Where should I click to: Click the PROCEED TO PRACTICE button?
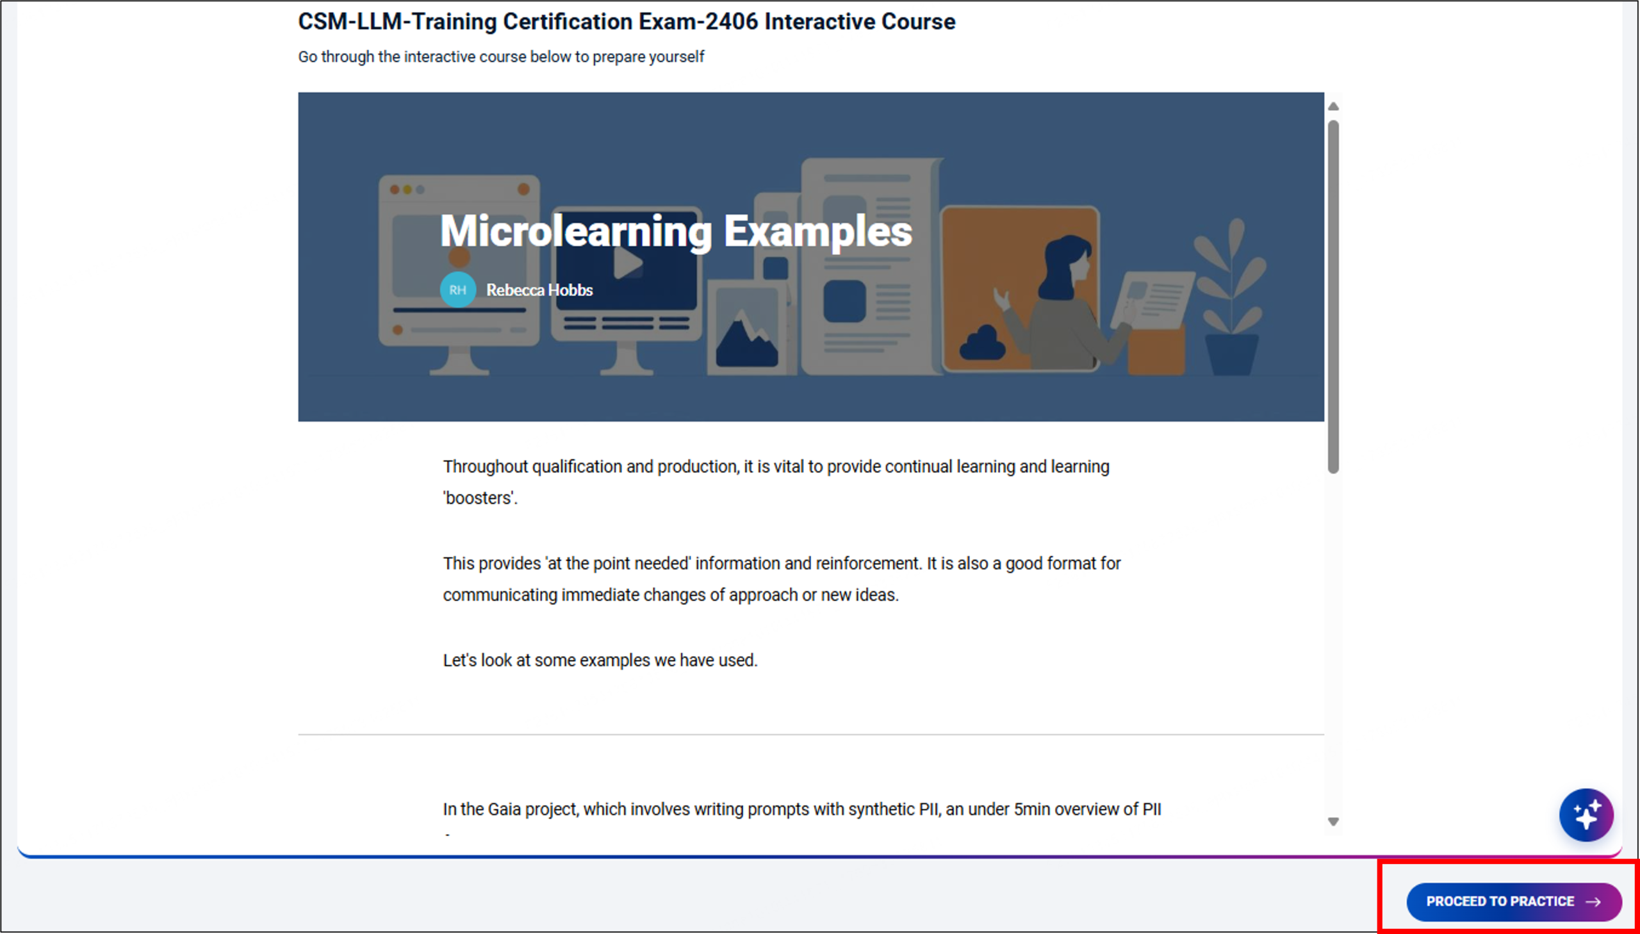1514,901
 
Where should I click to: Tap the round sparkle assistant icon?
1586,815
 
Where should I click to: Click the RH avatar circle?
457,290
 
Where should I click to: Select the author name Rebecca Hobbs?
539,290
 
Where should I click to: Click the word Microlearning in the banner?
576,231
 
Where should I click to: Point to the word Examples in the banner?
817,232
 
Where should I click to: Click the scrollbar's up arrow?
1332,106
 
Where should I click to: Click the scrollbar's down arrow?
1332,822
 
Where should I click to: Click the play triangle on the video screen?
628,262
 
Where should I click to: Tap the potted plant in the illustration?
1230,299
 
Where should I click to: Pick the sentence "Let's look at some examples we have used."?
600,660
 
